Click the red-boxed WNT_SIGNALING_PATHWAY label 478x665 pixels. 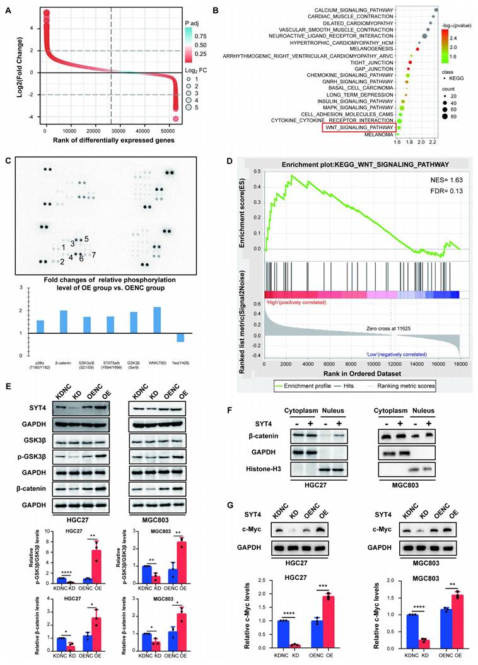pyautogui.click(x=360, y=127)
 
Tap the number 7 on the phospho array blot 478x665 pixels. pyautogui.click(x=93, y=254)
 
